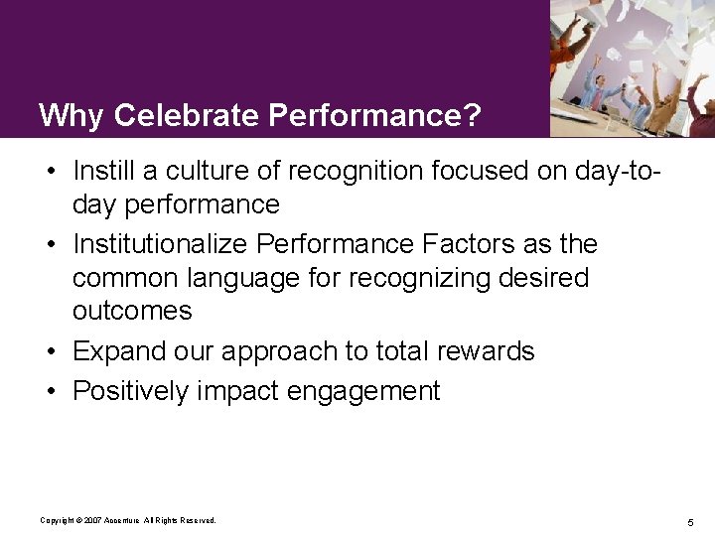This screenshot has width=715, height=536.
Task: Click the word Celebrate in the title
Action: pyautogui.click(x=187, y=116)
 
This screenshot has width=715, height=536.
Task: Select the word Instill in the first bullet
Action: pyautogui.click(x=105, y=171)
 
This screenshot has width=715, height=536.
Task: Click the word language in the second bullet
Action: pyautogui.click(x=243, y=278)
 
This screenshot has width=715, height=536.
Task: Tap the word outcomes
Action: pyautogui.click(x=131, y=311)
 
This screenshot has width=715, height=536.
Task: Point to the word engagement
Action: pyautogui.click(x=362, y=391)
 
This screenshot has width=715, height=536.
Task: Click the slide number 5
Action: pyautogui.click(x=689, y=521)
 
